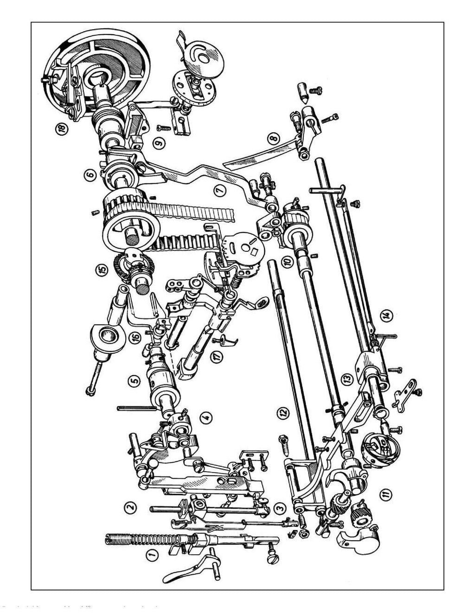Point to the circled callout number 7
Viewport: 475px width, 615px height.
[218, 190]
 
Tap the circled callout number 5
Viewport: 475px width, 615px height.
[135, 380]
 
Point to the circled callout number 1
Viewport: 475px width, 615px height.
[150, 553]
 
